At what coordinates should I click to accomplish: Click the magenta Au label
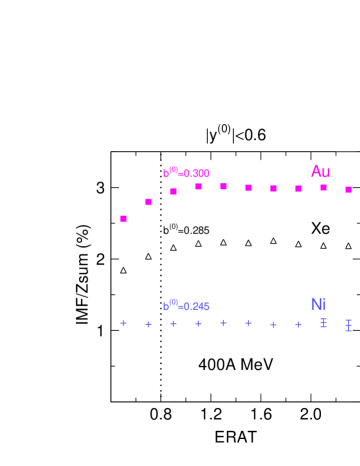tap(320, 172)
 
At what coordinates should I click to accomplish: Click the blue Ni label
tap(318, 304)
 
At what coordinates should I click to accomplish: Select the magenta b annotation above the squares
tap(186, 173)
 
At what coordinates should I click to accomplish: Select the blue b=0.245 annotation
tap(186, 306)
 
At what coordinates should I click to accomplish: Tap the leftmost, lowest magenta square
tap(124, 218)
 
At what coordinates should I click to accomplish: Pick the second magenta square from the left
tap(149, 202)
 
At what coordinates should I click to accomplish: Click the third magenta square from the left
tap(174, 191)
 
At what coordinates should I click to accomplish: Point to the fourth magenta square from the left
tap(199, 186)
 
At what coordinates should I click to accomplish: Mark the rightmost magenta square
tap(348, 189)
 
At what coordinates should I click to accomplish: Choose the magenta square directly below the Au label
tap(323, 187)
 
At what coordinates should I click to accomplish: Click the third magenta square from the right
tap(298, 188)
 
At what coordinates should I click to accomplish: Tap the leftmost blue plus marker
tap(124, 323)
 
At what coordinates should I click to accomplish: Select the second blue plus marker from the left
tap(149, 324)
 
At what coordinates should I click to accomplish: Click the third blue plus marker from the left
tap(174, 323)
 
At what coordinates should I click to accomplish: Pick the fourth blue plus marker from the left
tap(199, 323)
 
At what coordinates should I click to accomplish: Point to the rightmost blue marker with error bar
tap(348, 325)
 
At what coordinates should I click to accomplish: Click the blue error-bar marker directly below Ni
tap(323, 323)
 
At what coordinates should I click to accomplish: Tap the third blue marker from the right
tap(298, 324)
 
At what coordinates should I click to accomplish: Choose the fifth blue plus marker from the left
tap(223, 323)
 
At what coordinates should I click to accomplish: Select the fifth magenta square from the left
tap(223, 186)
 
